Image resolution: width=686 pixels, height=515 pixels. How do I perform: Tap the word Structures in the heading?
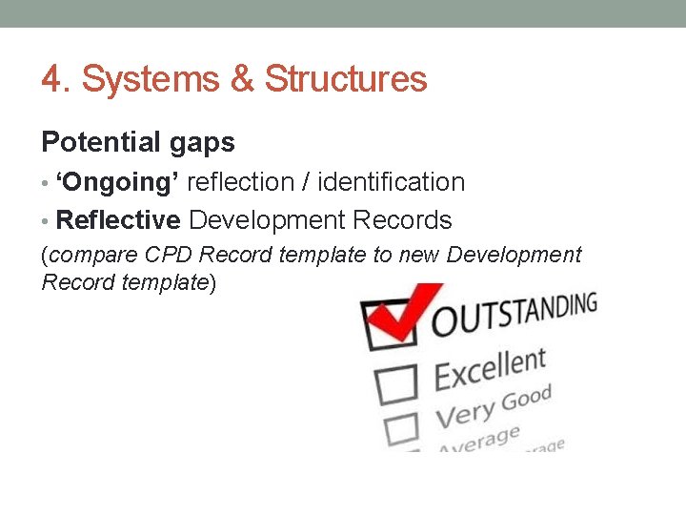click(345, 79)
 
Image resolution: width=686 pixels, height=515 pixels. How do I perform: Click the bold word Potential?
click(93, 143)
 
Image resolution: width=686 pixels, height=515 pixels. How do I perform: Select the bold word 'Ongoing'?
click(119, 182)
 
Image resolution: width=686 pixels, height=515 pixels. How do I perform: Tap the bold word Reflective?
click(118, 220)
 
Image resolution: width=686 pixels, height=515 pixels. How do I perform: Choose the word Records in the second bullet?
click(401, 220)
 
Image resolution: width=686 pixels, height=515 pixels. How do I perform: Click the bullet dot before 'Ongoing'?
click(46, 183)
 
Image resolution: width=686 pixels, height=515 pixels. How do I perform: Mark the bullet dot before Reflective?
click(46, 221)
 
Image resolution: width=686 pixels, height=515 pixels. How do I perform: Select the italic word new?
click(420, 256)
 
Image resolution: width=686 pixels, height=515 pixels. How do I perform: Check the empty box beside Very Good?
click(401, 430)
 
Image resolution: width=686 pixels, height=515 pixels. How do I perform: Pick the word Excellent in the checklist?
click(490, 370)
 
